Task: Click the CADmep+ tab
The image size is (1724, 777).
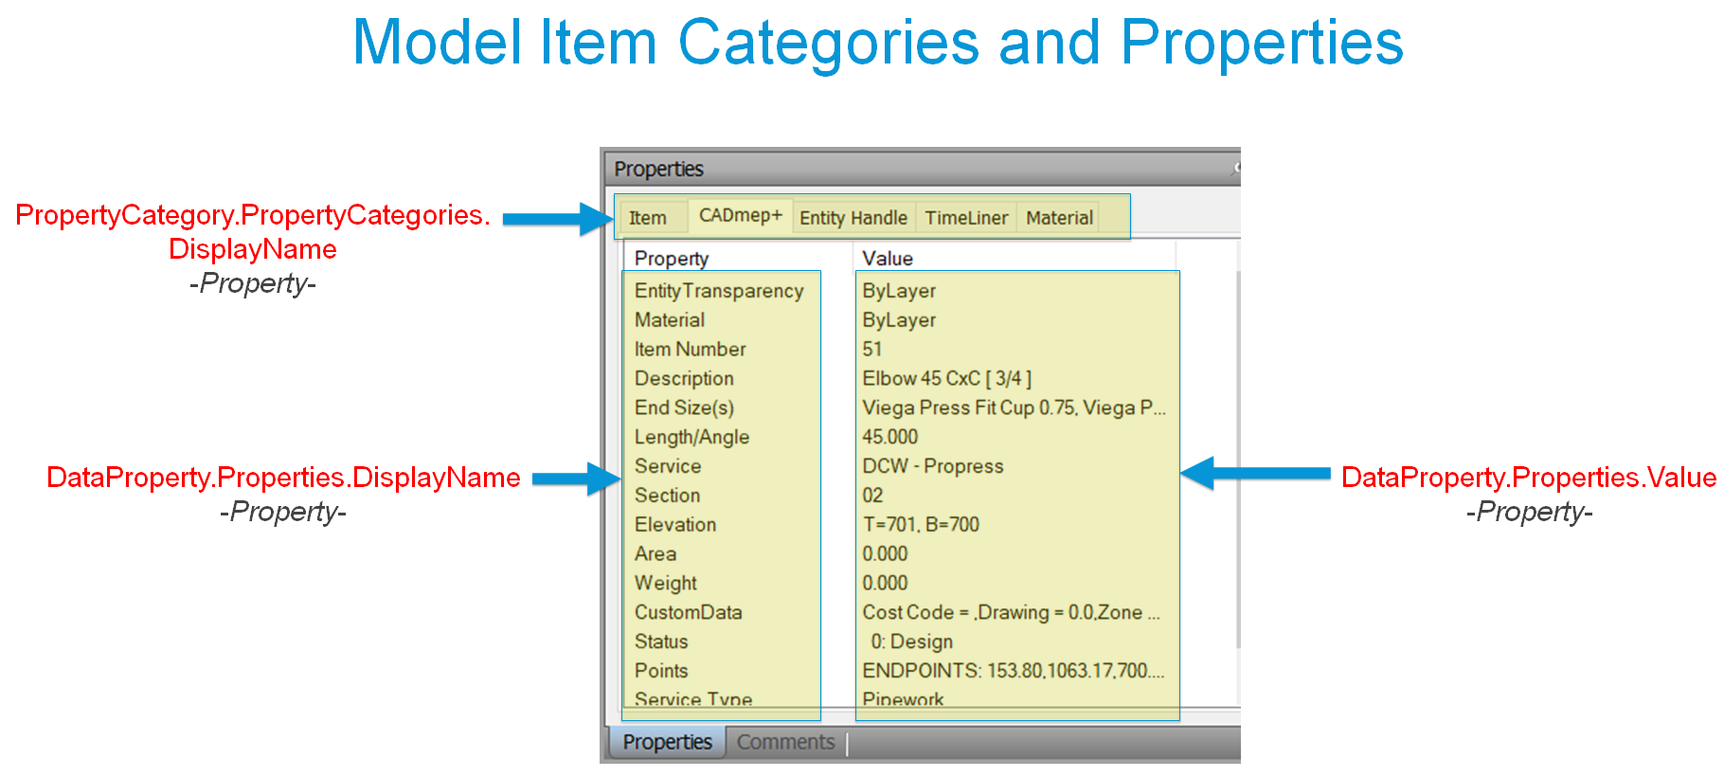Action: (740, 216)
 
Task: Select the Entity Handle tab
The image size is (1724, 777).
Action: (853, 218)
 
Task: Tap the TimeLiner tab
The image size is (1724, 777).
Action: (966, 218)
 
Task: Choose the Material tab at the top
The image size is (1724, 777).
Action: (1059, 218)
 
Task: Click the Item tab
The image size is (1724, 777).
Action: (648, 218)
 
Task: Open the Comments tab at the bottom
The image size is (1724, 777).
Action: (785, 742)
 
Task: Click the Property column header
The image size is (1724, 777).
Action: (672, 259)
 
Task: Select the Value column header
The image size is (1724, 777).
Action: (888, 259)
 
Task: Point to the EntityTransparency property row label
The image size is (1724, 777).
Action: (719, 291)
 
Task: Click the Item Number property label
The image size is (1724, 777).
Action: (690, 350)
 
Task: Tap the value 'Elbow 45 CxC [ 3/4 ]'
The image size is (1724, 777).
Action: (946, 379)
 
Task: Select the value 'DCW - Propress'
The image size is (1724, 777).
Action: (932, 466)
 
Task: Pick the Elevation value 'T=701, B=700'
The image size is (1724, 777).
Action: (921, 525)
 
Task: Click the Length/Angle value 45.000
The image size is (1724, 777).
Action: (889, 437)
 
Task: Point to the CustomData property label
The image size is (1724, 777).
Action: (688, 612)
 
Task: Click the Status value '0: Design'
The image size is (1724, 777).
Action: (911, 641)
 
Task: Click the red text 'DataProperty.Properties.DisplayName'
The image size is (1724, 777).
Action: (283, 478)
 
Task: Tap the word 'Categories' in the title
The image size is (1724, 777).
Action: (828, 44)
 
